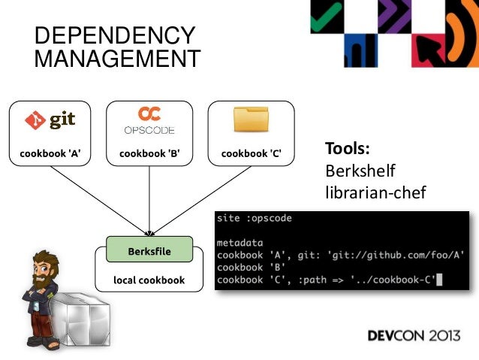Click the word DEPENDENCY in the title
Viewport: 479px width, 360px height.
click(115, 35)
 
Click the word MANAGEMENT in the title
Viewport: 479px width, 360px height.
click(118, 58)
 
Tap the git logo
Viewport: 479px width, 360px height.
click(50, 120)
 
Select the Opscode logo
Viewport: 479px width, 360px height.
click(149, 119)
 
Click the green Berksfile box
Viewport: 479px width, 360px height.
click(149, 251)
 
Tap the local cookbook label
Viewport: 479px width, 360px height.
click(149, 281)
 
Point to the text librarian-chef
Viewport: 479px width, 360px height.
click(375, 192)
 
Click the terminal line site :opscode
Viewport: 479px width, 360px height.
click(254, 219)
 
